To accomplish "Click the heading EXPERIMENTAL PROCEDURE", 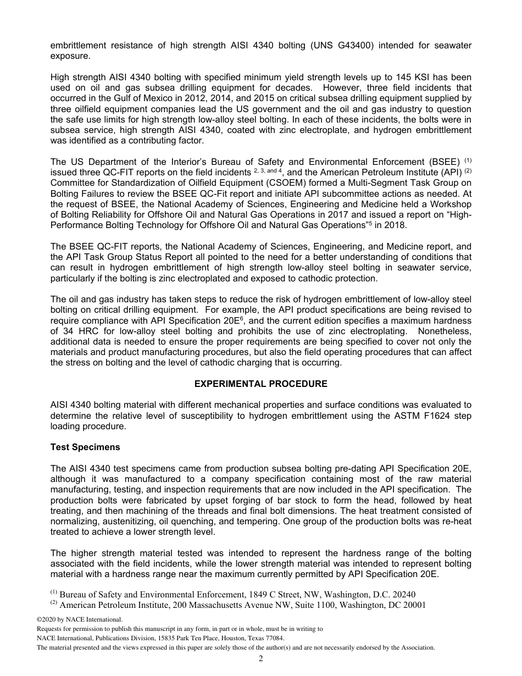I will click(260, 384).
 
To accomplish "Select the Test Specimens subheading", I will click(85, 447).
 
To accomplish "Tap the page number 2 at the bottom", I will click(261, 658).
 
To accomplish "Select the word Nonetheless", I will click(445, 331).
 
